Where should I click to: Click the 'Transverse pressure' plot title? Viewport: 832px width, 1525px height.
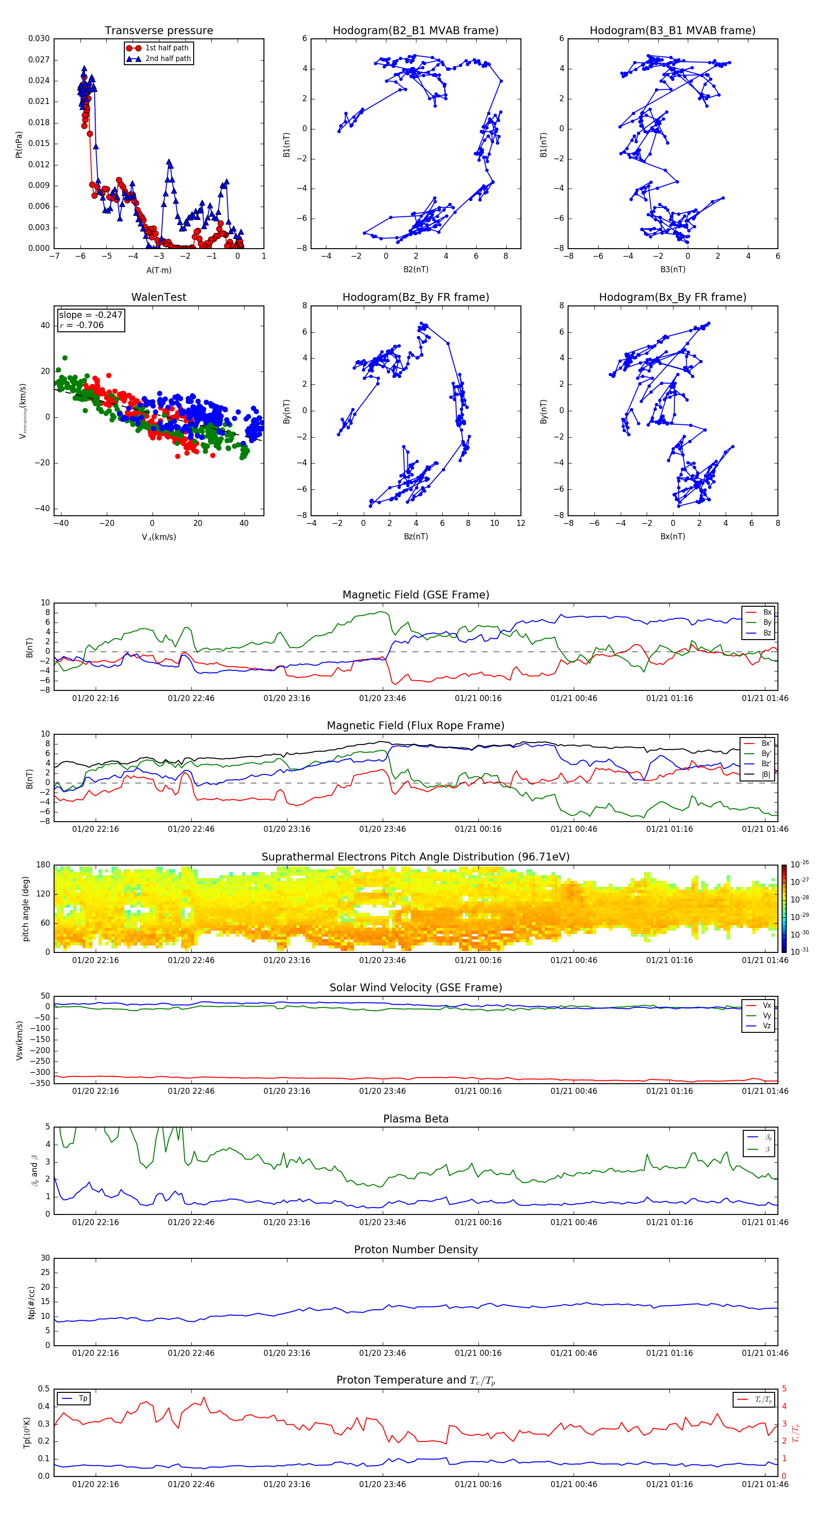click(x=159, y=31)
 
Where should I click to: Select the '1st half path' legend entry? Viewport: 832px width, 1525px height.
click(x=166, y=48)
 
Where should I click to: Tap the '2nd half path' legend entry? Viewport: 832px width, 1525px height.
click(x=168, y=59)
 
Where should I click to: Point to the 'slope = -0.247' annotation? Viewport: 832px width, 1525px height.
click(x=91, y=315)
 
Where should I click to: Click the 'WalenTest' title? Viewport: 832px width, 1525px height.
click(x=159, y=297)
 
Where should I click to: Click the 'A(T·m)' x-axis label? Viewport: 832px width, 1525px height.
click(x=159, y=270)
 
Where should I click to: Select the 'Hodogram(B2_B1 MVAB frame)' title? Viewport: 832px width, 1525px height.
click(x=415, y=31)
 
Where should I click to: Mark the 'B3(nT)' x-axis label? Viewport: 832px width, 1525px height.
click(x=673, y=269)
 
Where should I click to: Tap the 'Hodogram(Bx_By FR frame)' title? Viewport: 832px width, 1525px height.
click(x=672, y=297)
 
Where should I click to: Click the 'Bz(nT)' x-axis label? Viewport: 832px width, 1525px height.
click(x=416, y=537)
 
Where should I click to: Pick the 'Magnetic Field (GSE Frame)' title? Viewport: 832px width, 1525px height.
click(x=416, y=595)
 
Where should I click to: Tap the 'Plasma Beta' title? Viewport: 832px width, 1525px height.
click(x=416, y=1119)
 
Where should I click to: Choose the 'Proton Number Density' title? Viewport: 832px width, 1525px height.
click(x=416, y=1250)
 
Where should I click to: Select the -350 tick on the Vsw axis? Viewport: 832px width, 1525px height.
click(x=42, y=1083)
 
